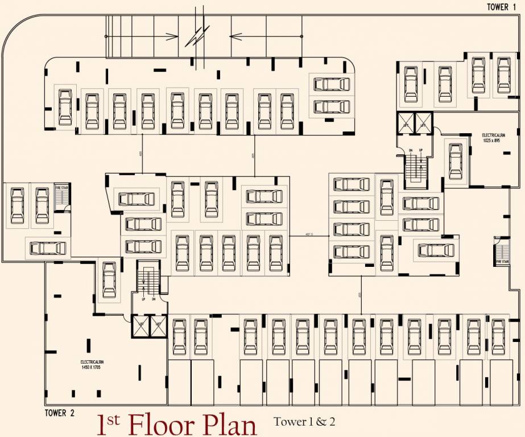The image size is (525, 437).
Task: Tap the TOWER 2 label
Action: [x=60, y=413]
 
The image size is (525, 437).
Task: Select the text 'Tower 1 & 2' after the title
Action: [x=304, y=422]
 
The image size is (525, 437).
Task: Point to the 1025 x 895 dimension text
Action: [x=493, y=140]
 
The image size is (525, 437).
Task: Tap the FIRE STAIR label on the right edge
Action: [x=502, y=261]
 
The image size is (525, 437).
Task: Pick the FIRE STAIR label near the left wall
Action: [x=60, y=187]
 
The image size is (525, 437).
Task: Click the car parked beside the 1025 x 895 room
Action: [x=456, y=160]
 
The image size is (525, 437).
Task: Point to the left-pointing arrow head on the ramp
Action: [x=233, y=36]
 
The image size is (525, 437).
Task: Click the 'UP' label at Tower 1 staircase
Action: [x=420, y=151]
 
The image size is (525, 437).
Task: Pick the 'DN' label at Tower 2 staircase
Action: [x=154, y=299]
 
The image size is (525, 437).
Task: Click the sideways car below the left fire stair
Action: [x=48, y=248]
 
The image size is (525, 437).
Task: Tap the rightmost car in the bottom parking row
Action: [x=498, y=336]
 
